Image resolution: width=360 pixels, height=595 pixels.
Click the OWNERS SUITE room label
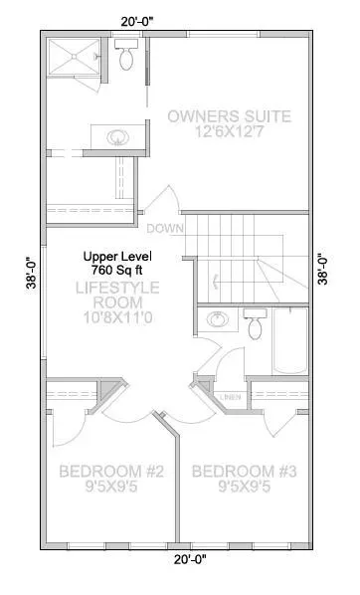coord(229,116)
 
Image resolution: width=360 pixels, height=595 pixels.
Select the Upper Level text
coord(115,255)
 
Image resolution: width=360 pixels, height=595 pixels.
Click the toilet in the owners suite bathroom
coord(126,56)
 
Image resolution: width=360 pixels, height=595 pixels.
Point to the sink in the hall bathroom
coord(215,320)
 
